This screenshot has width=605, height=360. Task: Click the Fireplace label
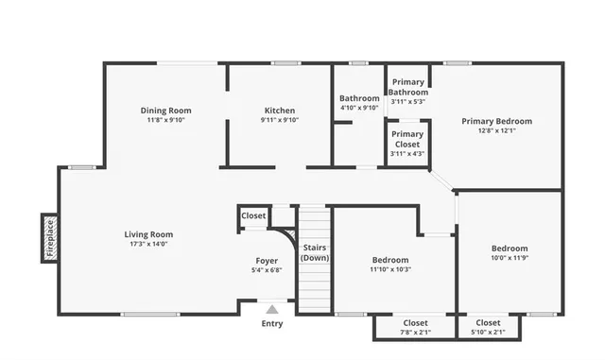coord(50,237)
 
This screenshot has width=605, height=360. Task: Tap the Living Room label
coord(148,234)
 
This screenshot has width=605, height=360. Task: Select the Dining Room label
coord(166,111)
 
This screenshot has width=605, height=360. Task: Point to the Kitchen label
coord(279,111)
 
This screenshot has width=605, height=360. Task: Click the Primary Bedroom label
coord(496,121)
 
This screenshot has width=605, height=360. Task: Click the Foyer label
coord(267,261)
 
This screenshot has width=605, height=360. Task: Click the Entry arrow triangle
coord(272,309)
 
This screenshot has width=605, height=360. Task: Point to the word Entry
coord(272,324)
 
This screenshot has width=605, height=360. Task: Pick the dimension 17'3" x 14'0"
coord(148,244)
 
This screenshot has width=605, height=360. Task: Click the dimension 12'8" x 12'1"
coord(496,130)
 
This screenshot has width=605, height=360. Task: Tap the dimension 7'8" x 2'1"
coord(416,333)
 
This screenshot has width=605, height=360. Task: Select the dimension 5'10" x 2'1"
coord(488,333)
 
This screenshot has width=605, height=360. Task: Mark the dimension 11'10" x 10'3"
coord(389,269)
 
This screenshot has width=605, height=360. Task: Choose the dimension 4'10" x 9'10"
coord(359,108)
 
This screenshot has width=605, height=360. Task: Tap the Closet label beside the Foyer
coord(253,216)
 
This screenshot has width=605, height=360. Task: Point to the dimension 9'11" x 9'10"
coord(279,120)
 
